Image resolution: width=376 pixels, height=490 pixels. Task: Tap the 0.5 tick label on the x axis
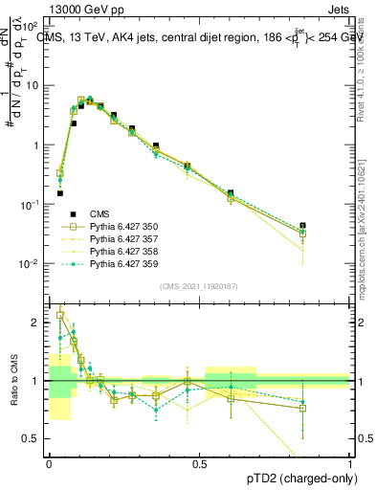[x=199, y=463]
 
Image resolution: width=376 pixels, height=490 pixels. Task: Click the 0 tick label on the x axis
[x=49, y=463]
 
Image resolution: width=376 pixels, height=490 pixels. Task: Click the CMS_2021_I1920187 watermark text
[x=198, y=285]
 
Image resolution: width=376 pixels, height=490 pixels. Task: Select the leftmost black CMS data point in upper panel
[x=59, y=193]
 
